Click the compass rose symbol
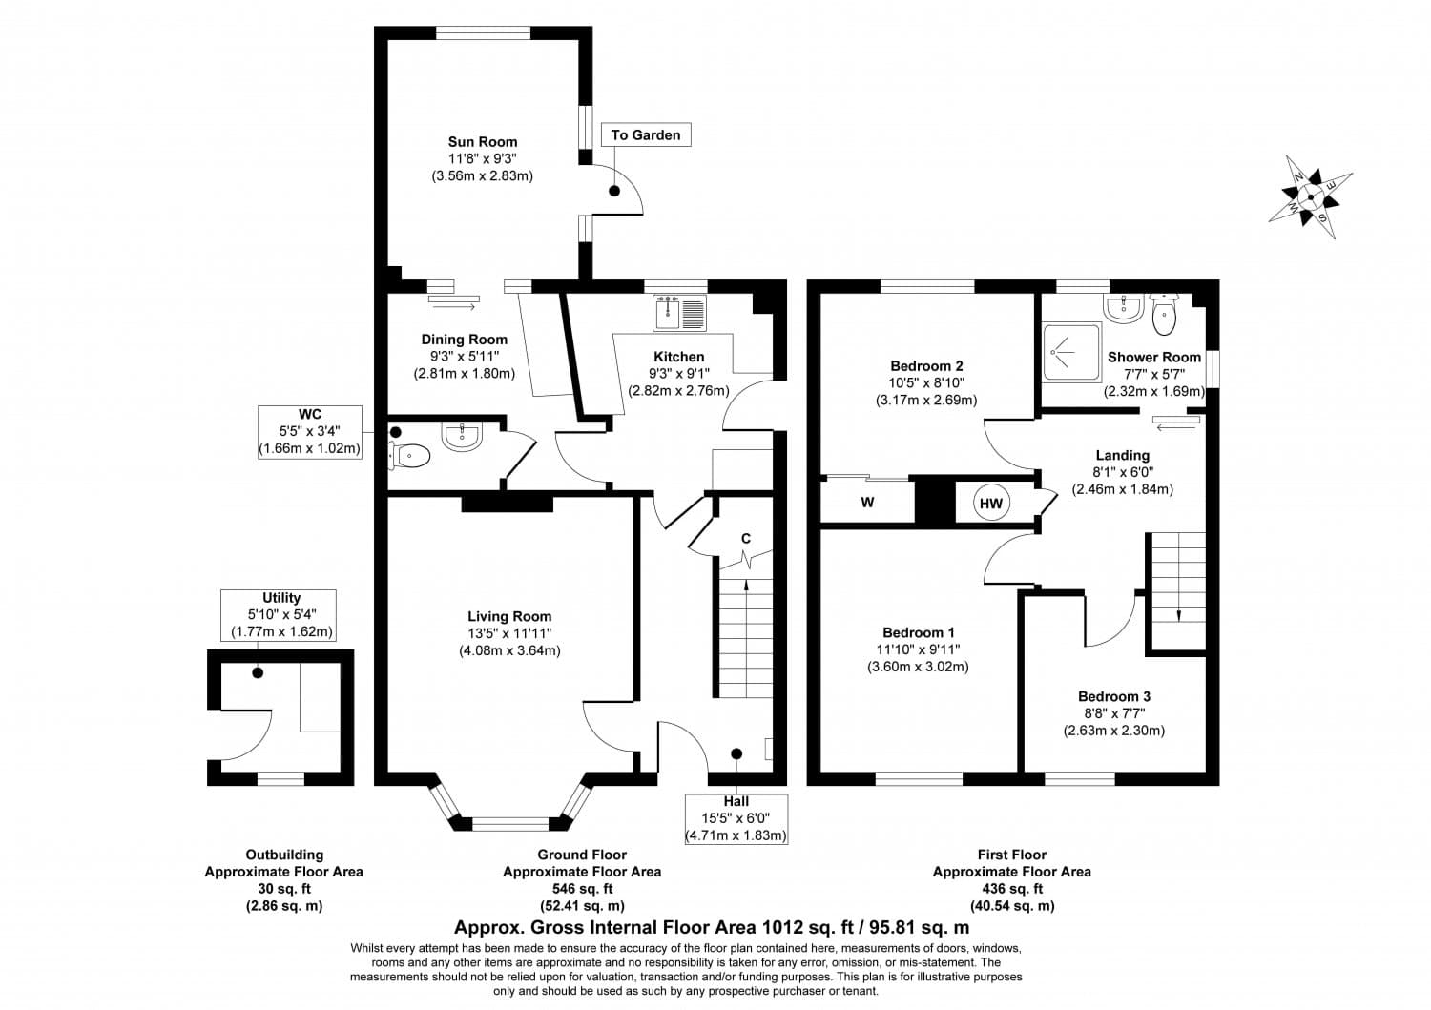(x=1310, y=197)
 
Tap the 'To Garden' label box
(x=646, y=135)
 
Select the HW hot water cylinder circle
(x=991, y=504)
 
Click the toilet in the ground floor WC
(x=411, y=457)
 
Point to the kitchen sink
(x=678, y=311)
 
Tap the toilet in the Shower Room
(x=1165, y=316)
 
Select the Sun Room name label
(x=483, y=142)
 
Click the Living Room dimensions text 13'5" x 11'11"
(x=509, y=633)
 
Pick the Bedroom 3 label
(x=1114, y=697)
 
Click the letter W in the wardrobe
(x=867, y=504)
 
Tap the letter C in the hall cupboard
(x=746, y=539)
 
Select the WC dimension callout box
(x=309, y=431)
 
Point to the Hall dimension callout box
(x=736, y=818)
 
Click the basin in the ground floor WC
(x=463, y=437)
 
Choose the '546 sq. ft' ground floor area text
(x=581, y=889)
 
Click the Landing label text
(x=1122, y=456)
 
